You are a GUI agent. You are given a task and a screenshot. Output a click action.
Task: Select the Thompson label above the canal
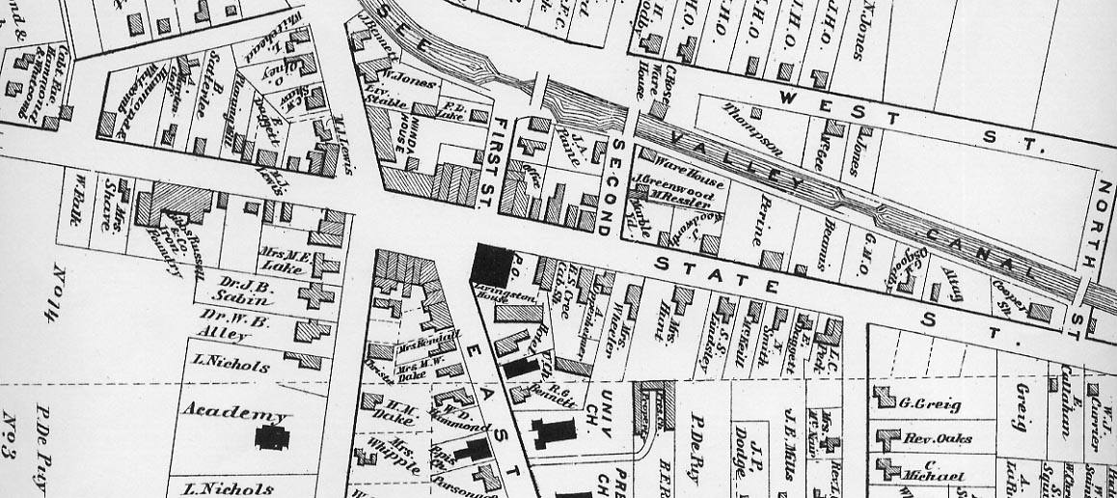tap(753, 130)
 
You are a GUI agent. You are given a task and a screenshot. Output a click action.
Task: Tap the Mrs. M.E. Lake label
tap(284, 260)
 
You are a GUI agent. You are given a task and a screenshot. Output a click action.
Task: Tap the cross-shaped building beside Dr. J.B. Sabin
tap(314, 295)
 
